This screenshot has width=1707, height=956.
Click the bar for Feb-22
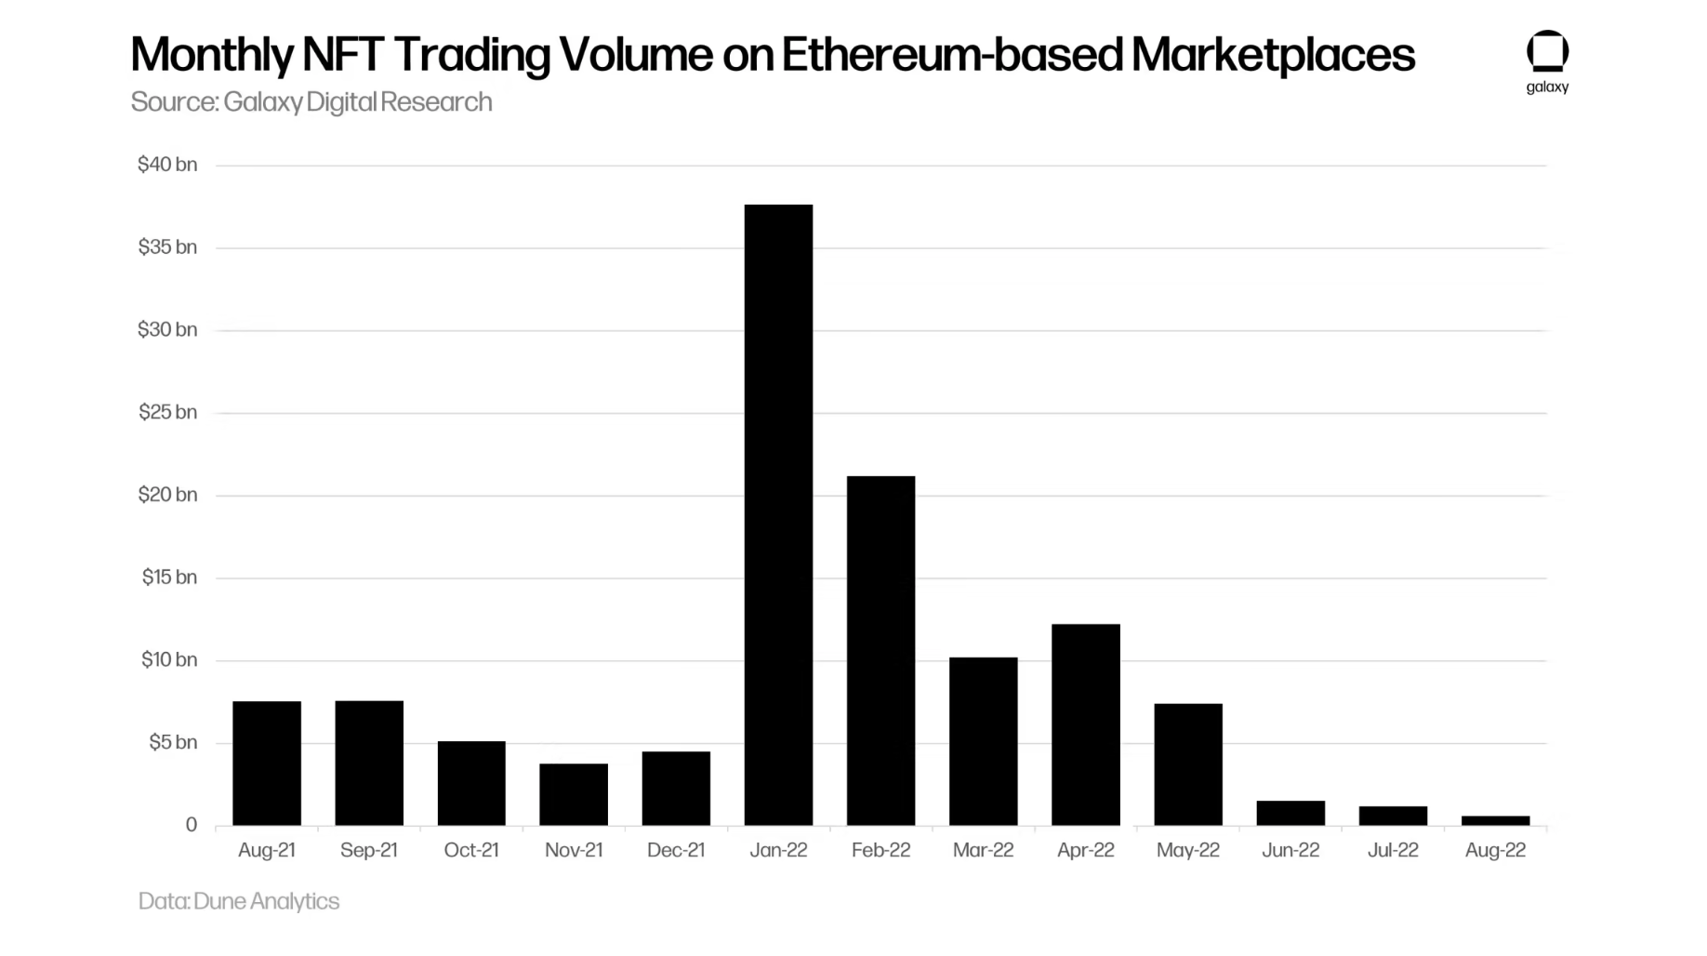pyautogui.click(x=880, y=650)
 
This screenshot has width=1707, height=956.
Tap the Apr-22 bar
pyautogui.click(x=1085, y=724)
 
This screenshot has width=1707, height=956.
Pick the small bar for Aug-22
pyautogui.click(x=1495, y=820)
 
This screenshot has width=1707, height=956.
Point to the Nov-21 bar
pyautogui.click(x=574, y=794)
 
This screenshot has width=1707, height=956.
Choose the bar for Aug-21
pyautogui.click(x=267, y=763)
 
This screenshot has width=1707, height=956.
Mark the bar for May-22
pyautogui.click(x=1187, y=763)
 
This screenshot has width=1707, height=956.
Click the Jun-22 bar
pyautogui.click(x=1290, y=813)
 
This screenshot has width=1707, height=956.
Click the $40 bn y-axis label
pyautogui.click(x=167, y=165)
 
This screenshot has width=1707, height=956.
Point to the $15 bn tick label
pyautogui.click(x=169, y=578)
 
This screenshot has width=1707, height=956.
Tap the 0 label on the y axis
pyautogui.click(x=191, y=825)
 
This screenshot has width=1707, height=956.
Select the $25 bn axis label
pyautogui.click(x=167, y=412)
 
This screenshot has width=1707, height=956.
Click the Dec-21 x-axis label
pyautogui.click(x=676, y=850)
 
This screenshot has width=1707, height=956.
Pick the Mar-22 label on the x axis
pyautogui.click(x=983, y=850)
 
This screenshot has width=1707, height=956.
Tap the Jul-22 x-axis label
pyautogui.click(x=1393, y=850)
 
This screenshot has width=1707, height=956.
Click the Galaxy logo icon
pyautogui.click(x=1547, y=52)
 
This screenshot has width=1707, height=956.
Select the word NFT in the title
pyautogui.click(x=342, y=54)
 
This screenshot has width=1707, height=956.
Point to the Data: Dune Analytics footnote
pyautogui.click(x=239, y=901)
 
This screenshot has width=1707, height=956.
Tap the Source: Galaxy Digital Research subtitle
pyautogui.click(x=311, y=101)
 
